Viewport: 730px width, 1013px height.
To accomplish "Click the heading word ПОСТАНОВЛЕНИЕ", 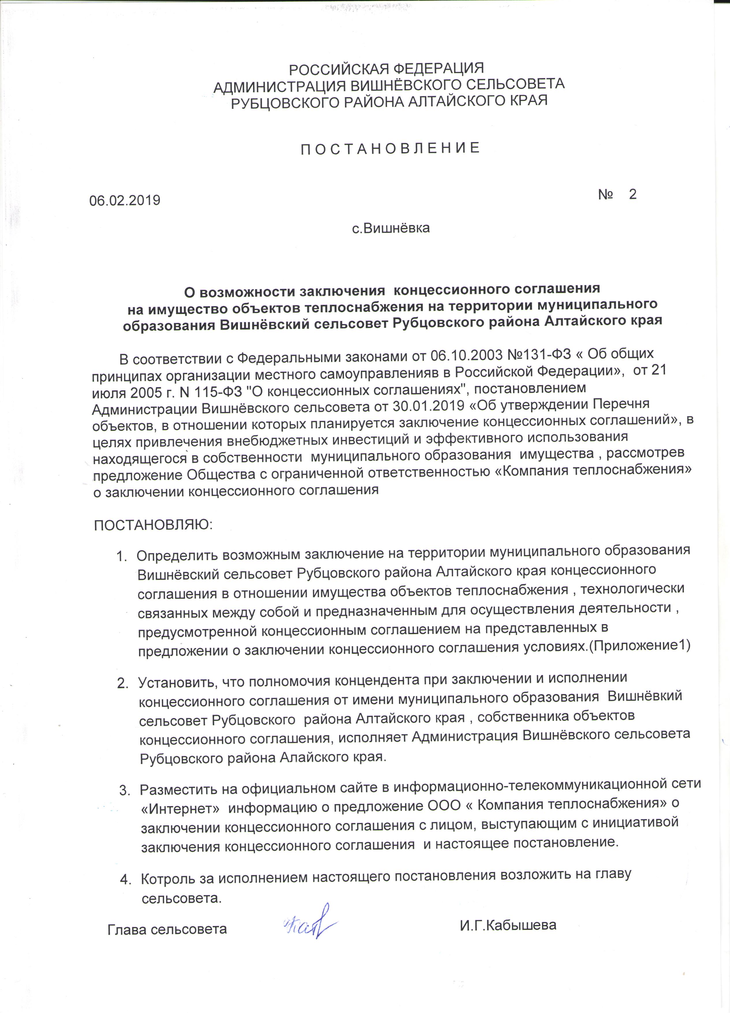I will click(390, 148).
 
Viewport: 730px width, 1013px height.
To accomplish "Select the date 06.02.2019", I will click(124, 200).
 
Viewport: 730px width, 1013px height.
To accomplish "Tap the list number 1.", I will click(120, 557).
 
